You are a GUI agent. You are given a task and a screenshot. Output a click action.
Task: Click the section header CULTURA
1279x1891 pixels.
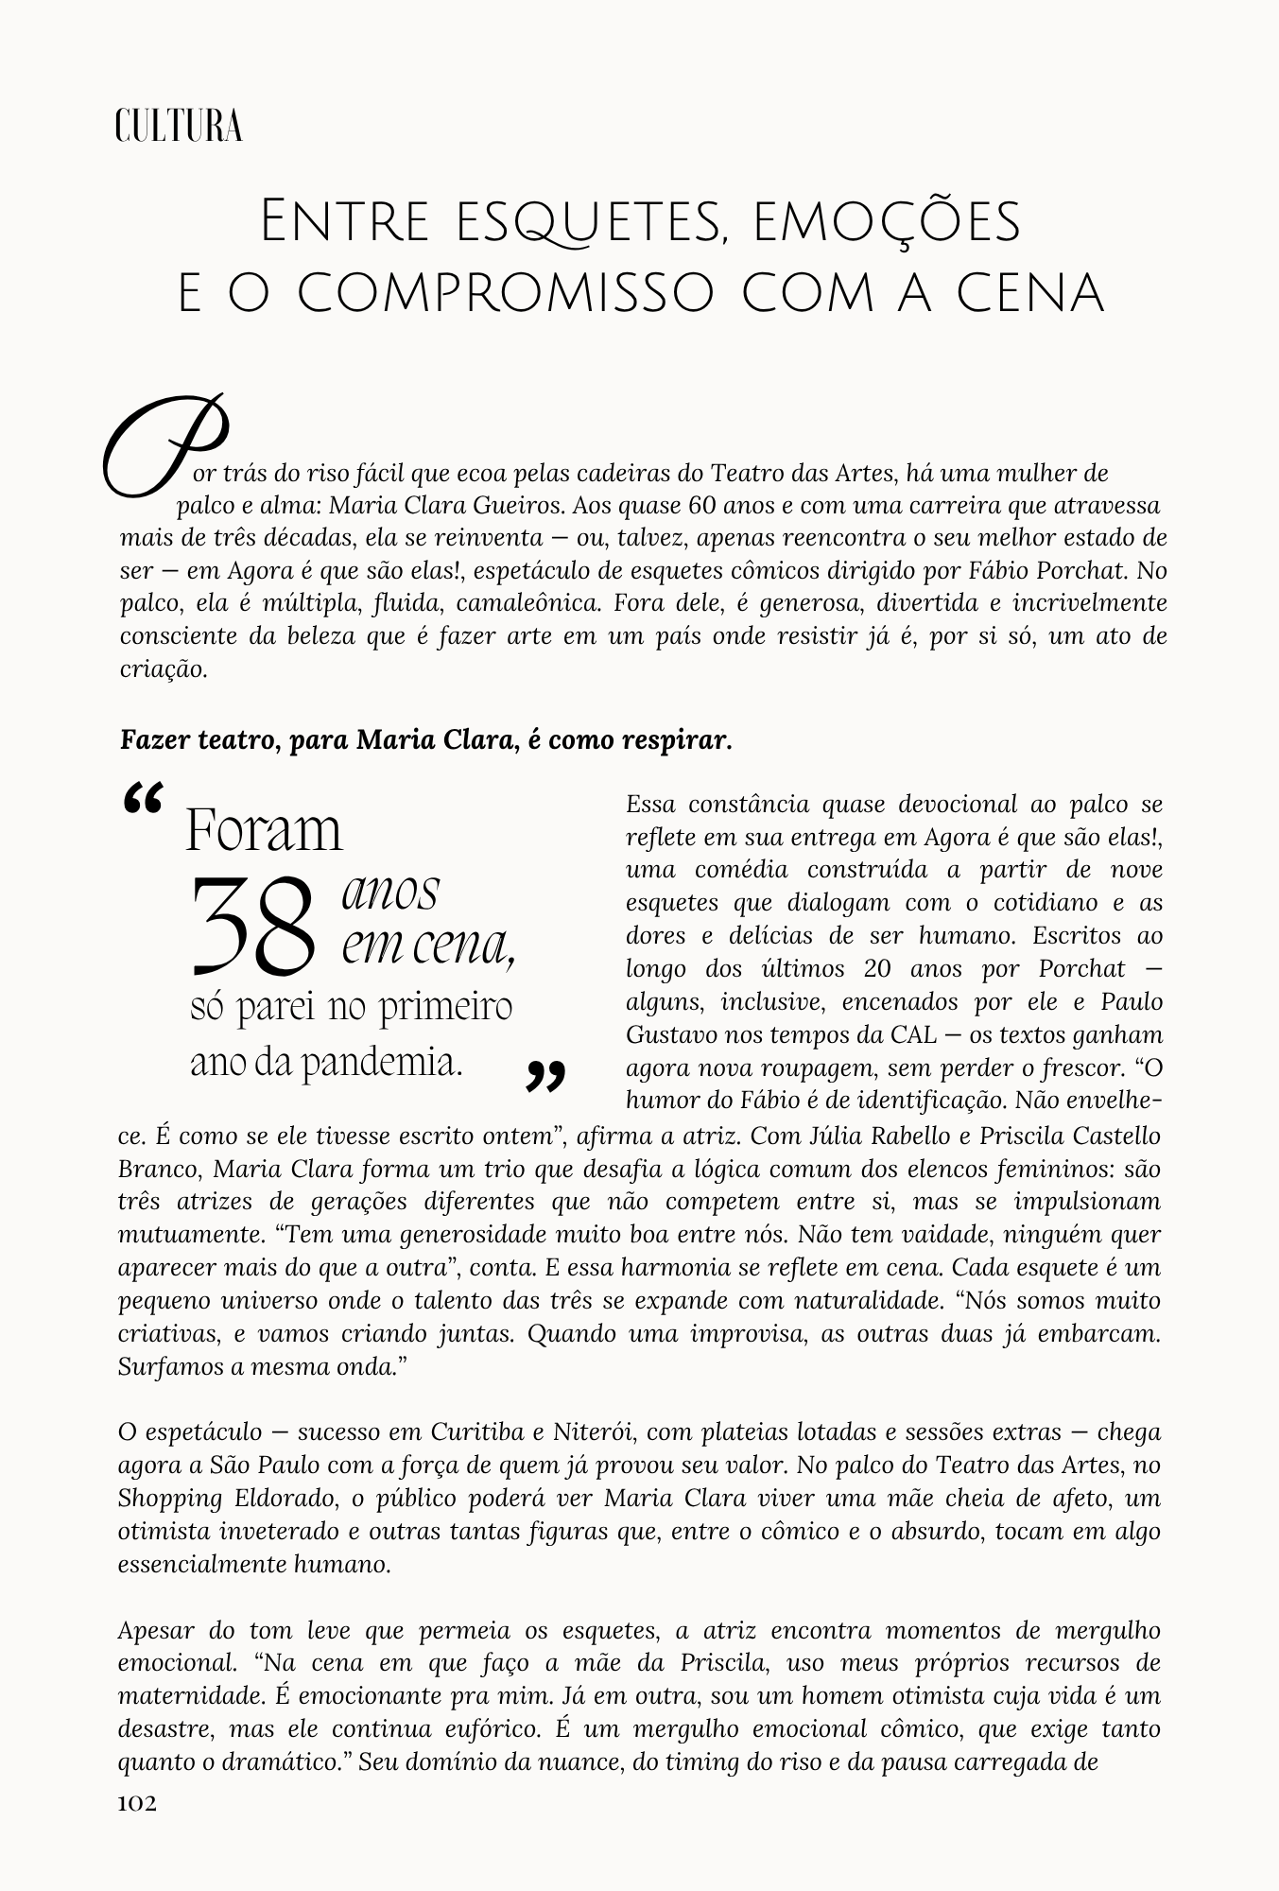[x=179, y=127]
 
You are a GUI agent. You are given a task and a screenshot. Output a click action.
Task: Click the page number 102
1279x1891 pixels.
[x=137, y=1803]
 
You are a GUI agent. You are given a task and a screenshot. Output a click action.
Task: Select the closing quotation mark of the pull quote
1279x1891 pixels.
[x=546, y=1076]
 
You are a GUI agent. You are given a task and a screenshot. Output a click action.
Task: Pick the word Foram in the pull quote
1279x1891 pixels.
[x=264, y=831]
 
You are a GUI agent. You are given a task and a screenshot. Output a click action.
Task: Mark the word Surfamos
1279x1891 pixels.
[x=163, y=1366]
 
